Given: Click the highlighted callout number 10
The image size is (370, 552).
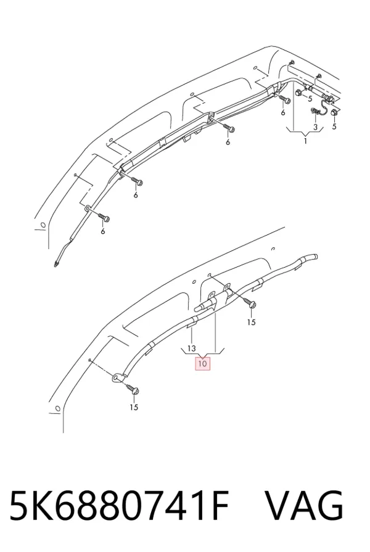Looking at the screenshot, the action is click(202, 363).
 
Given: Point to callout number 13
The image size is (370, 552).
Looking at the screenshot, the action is click(191, 348).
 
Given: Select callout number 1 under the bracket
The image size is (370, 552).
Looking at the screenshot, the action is click(306, 141).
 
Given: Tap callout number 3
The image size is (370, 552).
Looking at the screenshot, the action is click(315, 126).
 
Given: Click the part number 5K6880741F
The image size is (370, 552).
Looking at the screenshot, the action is click(120, 505).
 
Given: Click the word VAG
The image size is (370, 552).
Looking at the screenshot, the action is click(304, 505).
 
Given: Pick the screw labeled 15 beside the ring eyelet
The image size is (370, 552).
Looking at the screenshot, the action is click(133, 389).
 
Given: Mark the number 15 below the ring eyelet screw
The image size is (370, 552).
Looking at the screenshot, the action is click(134, 407).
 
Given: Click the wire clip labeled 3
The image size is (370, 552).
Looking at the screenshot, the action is click(314, 112).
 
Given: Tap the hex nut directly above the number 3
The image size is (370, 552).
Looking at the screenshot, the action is click(299, 93).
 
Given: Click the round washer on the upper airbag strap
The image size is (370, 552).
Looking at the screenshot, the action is click(86, 209).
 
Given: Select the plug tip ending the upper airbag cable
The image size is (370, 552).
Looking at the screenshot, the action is click(56, 263).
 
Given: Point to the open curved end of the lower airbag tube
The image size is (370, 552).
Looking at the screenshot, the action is click(316, 257).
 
